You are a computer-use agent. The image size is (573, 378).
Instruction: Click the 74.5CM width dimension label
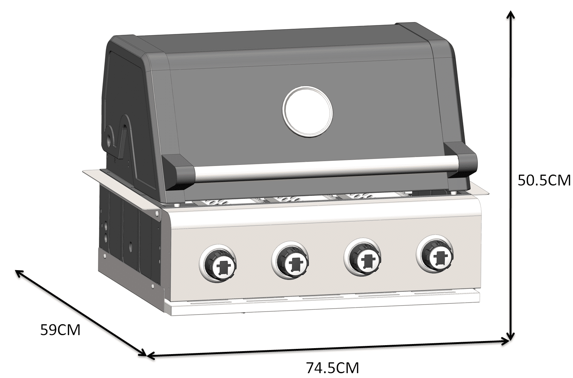(332, 368)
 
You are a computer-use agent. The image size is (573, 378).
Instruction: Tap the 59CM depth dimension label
(60, 330)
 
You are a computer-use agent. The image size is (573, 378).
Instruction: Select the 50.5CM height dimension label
(544, 181)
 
